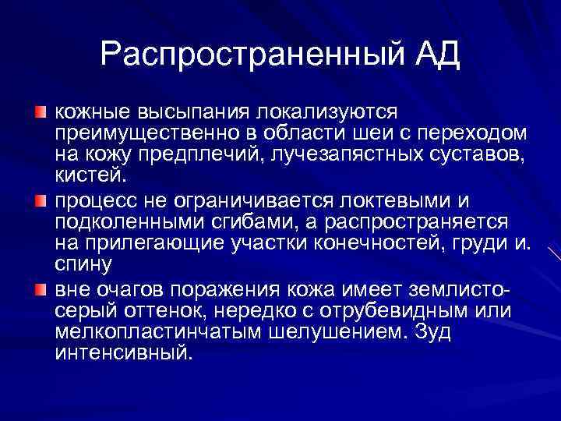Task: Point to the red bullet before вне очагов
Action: coord(39,291)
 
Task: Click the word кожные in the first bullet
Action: coord(90,115)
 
